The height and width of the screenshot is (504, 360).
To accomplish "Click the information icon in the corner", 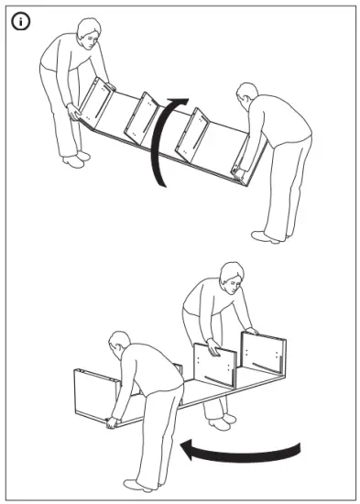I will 19,21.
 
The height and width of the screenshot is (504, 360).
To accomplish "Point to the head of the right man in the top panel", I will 246,93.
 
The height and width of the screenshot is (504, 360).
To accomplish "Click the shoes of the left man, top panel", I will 76,159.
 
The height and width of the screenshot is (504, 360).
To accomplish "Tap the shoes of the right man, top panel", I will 267,236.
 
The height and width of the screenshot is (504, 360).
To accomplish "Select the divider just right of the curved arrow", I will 195,135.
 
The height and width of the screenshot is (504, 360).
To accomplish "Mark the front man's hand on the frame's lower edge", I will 111,422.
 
